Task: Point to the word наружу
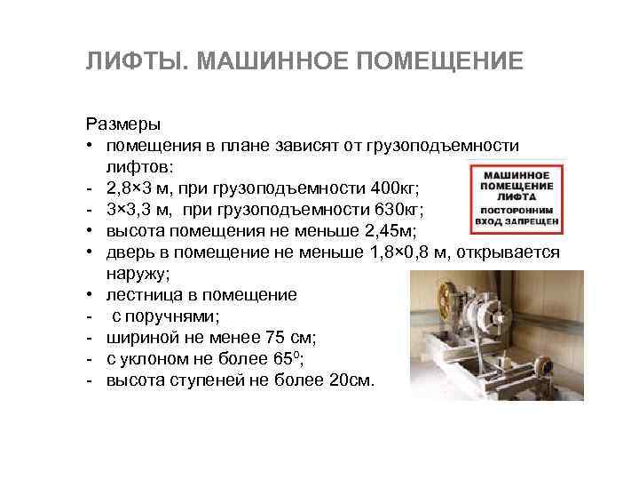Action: click(138, 274)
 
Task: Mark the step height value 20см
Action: click(351, 380)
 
